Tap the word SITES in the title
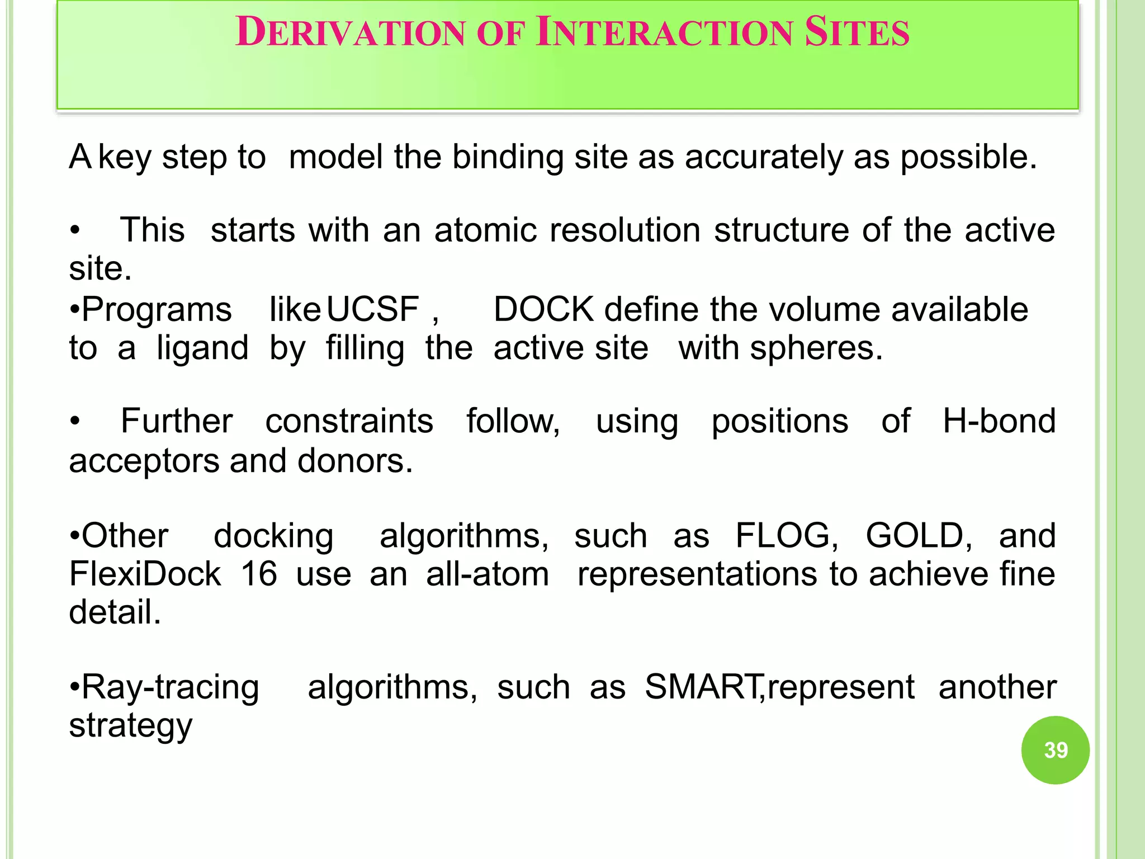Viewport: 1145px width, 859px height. pos(857,32)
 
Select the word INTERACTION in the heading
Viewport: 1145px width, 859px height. pos(664,32)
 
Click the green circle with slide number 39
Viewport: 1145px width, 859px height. pos(1055,750)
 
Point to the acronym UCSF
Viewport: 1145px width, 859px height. pos(372,309)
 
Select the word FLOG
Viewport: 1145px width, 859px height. pos(786,535)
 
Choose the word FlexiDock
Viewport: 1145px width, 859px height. pos(145,574)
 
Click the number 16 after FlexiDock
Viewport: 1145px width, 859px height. pos(259,574)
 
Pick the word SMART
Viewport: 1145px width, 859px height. pos(702,687)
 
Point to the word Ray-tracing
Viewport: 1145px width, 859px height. pos(170,687)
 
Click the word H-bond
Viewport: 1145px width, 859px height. pos(999,421)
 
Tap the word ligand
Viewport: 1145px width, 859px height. pos(202,349)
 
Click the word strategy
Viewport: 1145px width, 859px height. pos(130,726)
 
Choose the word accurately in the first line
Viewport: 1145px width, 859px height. pos(764,157)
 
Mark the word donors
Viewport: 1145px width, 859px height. pos(355,461)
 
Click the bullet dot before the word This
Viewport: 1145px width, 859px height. pos(75,230)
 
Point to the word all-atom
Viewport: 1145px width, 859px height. pos(488,574)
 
